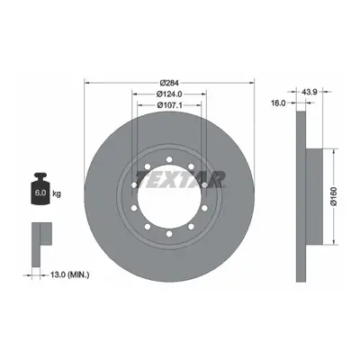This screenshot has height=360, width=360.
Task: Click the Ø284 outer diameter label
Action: tap(169, 82)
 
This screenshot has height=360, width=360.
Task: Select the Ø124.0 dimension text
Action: tap(169, 94)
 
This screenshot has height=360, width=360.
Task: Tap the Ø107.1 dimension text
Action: tap(170, 105)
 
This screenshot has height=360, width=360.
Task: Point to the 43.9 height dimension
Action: tap(310, 92)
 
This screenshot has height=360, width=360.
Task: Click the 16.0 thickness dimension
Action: tap(278, 103)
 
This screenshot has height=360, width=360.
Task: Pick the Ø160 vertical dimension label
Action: tap(334, 196)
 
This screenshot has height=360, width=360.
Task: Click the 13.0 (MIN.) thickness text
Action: tap(69, 274)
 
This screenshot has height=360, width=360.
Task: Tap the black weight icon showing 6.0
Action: tap(40, 189)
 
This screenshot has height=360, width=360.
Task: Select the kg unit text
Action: tap(57, 193)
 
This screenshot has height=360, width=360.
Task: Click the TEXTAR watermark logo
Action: tap(181, 179)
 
